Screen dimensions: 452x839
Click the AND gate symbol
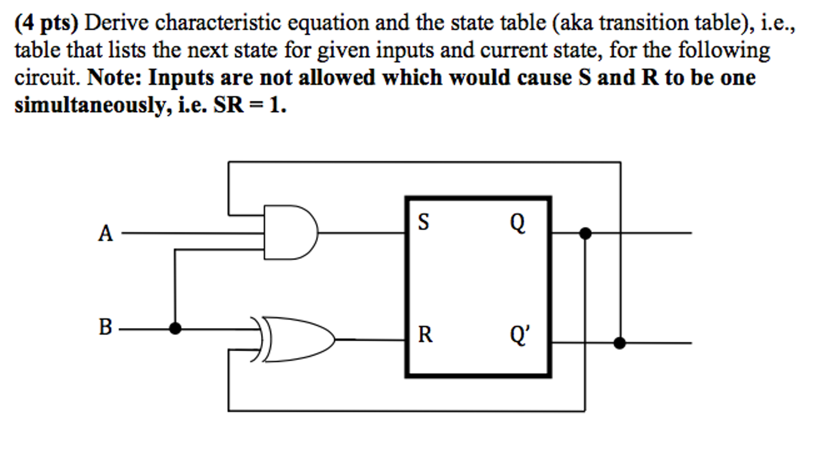(289, 233)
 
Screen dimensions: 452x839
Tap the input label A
(105, 234)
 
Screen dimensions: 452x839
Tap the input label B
(105, 328)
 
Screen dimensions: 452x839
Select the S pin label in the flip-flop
(423, 222)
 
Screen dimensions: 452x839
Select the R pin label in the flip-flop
(425, 334)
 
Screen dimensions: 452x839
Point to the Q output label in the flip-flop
(518, 223)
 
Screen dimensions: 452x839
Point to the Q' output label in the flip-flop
(520, 335)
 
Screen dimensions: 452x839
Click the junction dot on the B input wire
(175, 328)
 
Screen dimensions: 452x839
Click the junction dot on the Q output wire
(585, 233)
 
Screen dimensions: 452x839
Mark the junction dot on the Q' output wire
(620, 343)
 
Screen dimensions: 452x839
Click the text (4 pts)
(46, 23)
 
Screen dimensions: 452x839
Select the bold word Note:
(114, 77)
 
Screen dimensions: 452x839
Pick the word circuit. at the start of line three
(47, 77)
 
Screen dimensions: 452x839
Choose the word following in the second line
(724, 51)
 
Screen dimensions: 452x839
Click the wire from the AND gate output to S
(361, 233)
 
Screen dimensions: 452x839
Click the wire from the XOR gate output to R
(369, 340)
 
